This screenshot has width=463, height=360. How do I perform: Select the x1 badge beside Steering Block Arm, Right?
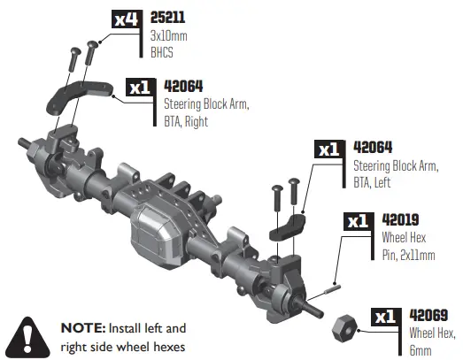pos(140,87)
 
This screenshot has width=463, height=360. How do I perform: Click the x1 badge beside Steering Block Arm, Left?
pos(329,149)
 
